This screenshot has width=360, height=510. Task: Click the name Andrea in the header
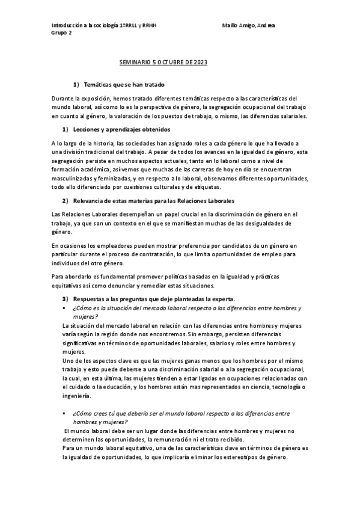264,26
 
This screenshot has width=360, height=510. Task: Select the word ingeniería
76,396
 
